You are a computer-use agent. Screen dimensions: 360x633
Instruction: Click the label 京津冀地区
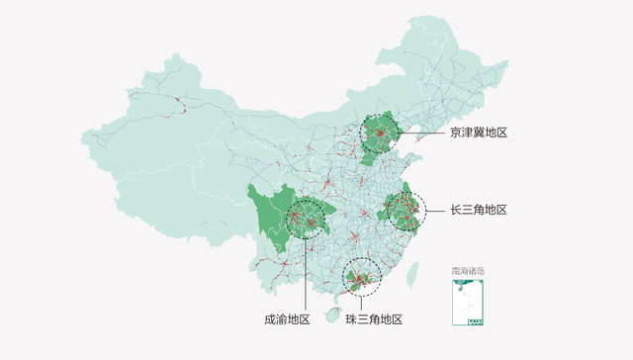tap(478, 132)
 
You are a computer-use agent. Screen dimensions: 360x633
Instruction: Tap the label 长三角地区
tap(478, 210)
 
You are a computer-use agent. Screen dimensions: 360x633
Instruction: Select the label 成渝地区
tap(287, 319)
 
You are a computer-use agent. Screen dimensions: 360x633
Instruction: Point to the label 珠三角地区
tap(374, 319)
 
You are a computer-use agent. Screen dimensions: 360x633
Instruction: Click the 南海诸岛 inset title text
tap(468, 270)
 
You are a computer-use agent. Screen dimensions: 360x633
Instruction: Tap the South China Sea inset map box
tap(468, 301)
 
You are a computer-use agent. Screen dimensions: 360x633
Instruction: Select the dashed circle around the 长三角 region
tap(405, 210)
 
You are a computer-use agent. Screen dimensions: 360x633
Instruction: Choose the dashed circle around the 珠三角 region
tap(361, 276)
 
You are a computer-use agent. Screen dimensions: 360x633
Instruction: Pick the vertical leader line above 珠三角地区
tap(361, 302)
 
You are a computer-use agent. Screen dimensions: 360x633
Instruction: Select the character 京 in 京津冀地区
tap(455, 132)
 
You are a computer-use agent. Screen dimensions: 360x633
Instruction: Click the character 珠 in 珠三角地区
tap(351, 319)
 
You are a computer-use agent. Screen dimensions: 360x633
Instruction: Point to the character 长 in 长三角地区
tap(455, 210)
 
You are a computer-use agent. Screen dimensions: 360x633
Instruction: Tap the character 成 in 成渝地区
tap(270, 319)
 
